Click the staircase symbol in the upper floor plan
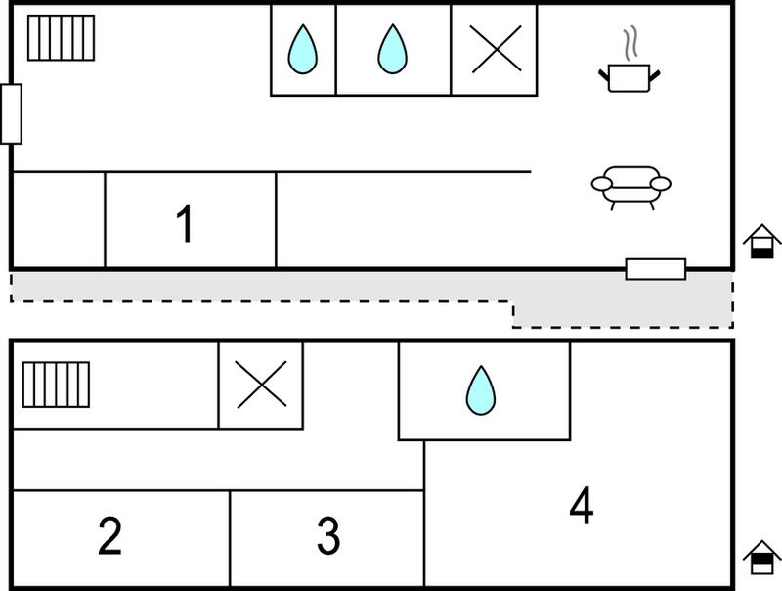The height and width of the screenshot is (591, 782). tap(61, 38)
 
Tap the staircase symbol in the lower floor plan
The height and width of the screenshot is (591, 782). tap(57, 385)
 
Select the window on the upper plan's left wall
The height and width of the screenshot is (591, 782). tap(11, 114)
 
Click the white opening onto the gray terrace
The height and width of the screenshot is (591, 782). tap(656, 269)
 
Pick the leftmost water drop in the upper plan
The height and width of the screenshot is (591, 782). tap(302, 50)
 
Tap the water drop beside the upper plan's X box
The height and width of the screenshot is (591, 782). tap(393, 50)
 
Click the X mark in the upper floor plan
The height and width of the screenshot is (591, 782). tap(497, 50)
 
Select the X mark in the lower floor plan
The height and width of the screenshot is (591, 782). tap(261, 385)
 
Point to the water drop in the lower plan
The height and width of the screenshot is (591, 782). tap(481, 390)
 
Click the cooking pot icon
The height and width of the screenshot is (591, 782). tap(630, 78)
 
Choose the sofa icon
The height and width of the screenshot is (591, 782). tap(630, 188)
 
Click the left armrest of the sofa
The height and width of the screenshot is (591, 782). tap(601, 184)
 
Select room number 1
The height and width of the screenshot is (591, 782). tap(185, 223)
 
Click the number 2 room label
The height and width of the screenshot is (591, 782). tap(109, 535)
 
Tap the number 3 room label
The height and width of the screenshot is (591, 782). tap(328, 535)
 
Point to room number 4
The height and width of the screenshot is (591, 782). tap(582, 505)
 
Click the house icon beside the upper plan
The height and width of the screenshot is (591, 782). tap(761, 241)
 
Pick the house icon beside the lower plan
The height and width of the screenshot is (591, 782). tap(761, 558)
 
